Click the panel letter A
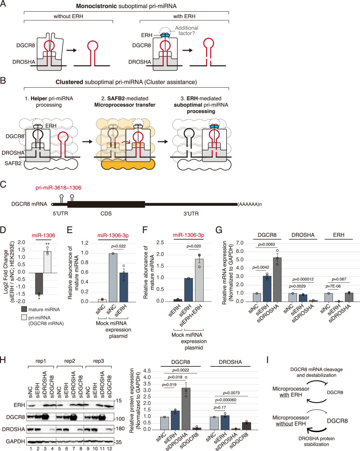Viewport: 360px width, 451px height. [4, 5]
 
